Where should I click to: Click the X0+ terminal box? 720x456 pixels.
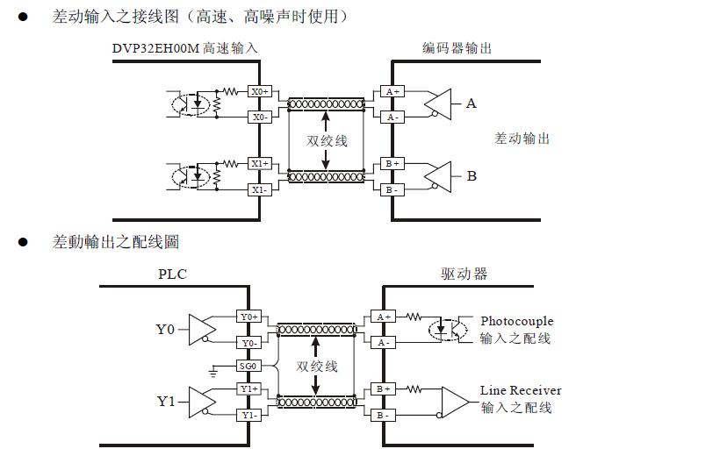point(259,91)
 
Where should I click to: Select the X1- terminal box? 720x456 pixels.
point(259,189)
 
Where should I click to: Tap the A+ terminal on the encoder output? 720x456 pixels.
point(392,91)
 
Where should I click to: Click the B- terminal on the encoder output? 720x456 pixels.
point(392,189)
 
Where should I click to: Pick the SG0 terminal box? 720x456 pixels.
point(248,366)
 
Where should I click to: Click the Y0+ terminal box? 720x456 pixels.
point(248,317)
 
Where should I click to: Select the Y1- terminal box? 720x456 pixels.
point(248,415)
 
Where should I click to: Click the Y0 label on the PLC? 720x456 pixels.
point(166,330)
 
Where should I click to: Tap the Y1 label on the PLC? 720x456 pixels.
point(166,402)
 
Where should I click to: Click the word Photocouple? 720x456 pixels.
point(517,322)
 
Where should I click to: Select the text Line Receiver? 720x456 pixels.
point(521,390)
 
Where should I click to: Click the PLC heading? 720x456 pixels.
point(172,274)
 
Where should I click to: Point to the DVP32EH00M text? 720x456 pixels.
point(156,48)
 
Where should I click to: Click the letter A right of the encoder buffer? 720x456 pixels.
point(471,103)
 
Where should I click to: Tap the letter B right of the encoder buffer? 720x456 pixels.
point(471,176)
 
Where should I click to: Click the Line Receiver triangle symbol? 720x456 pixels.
point(456,402)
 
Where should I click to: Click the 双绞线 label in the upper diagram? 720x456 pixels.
point(327,140)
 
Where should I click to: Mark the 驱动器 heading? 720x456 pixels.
point(464,274)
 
